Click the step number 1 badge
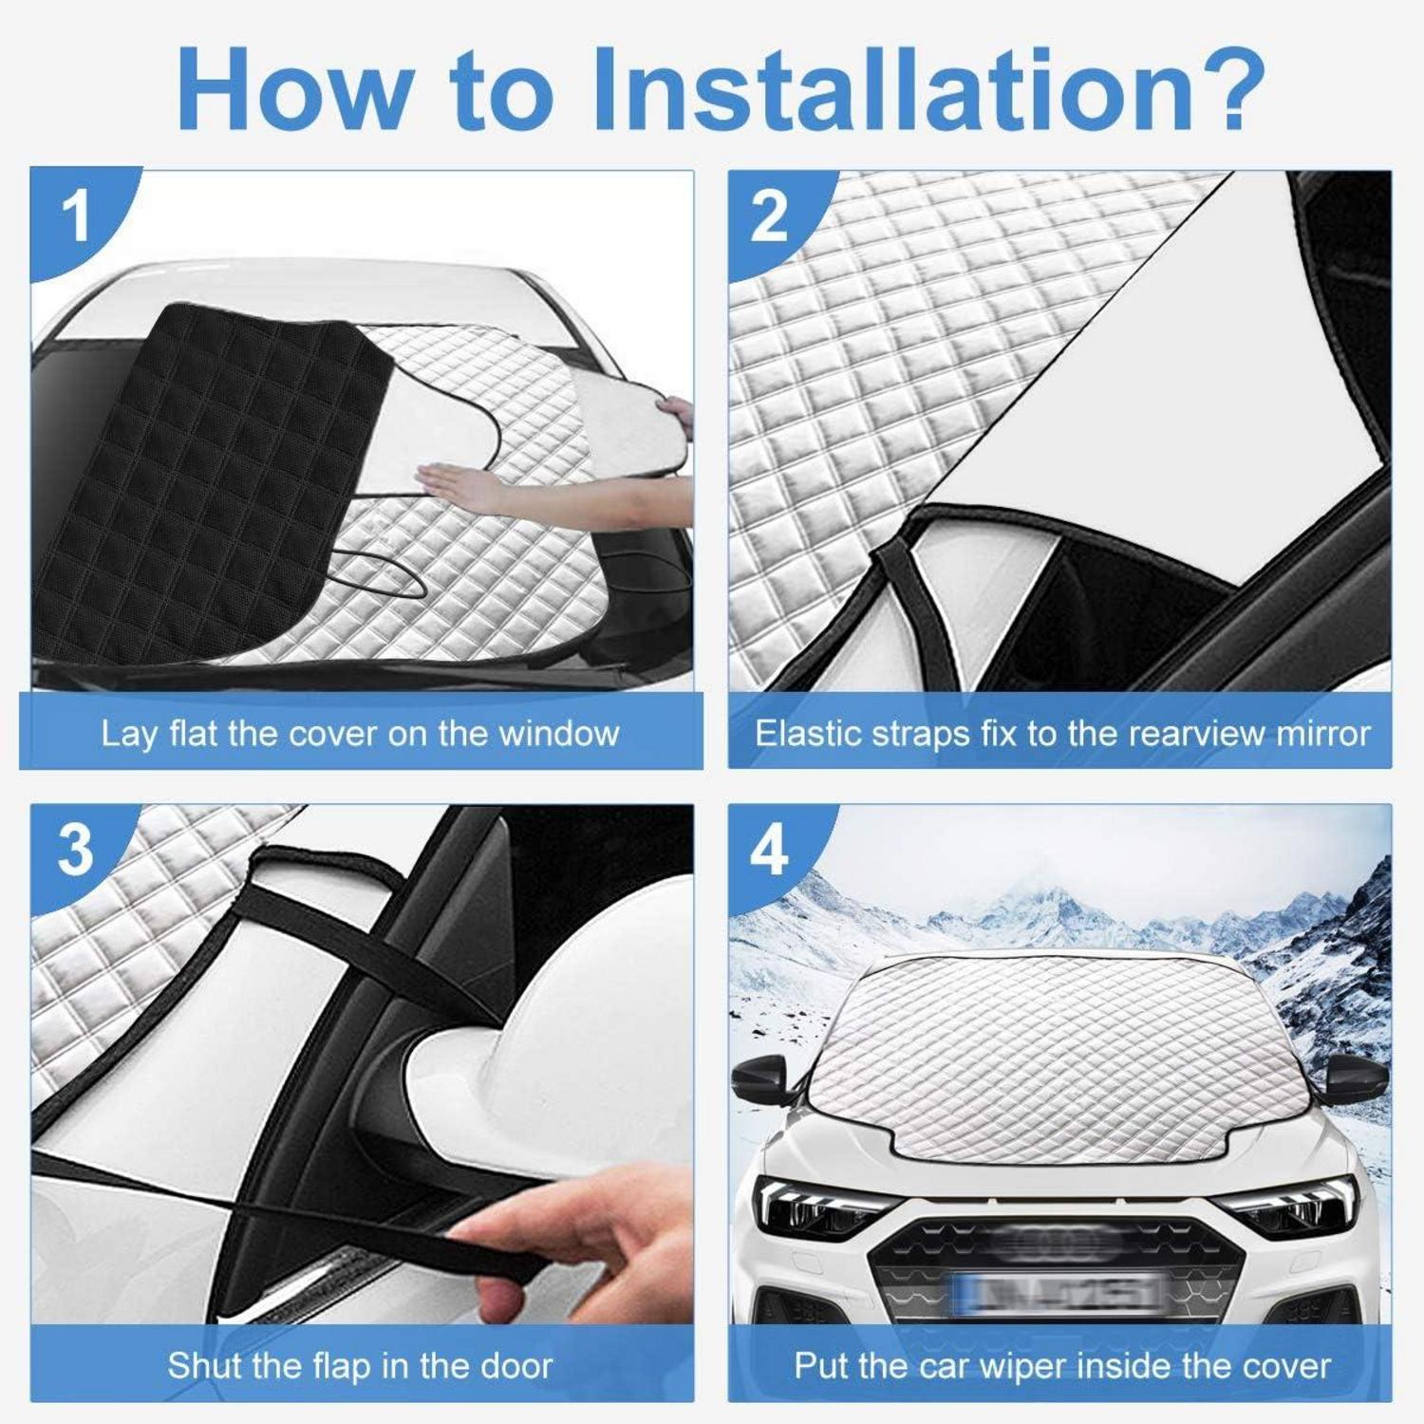(75, 216)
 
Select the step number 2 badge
(768, 216)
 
